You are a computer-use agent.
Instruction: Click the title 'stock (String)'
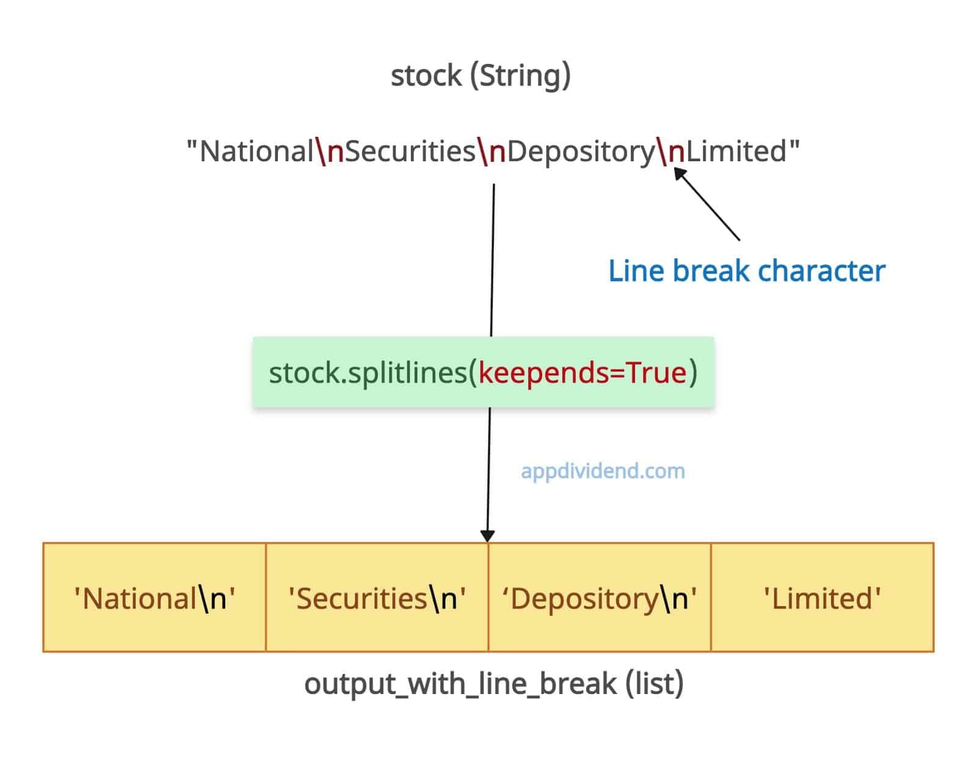coord(481,75)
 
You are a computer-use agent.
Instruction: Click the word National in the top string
coord(256,151)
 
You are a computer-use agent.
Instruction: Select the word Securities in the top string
coord(410,151)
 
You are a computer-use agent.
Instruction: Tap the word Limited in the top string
coord(736,151)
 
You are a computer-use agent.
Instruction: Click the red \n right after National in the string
coord(330,151)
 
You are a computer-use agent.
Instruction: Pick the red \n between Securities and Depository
coord(492,151)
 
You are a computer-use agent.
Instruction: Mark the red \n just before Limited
coord(670,151)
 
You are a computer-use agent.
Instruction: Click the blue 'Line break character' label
coord(747,271)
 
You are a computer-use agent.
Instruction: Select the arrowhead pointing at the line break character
coord(680,173)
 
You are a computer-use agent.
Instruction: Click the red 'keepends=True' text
coord(583,373)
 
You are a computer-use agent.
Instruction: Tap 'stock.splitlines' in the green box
coord(368,373)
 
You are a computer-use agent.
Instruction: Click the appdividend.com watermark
coord(603,472)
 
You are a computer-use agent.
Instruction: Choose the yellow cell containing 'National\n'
coord(154,597)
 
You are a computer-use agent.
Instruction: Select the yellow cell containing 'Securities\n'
coord(377,597)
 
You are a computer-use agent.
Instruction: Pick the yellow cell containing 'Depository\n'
coord(600,597)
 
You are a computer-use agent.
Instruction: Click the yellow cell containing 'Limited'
coord(823,597)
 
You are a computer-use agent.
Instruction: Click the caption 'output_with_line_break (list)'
coord(493,684)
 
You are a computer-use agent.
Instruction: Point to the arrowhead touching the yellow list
coord(487,536)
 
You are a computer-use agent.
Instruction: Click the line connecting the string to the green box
coord(492,260)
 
